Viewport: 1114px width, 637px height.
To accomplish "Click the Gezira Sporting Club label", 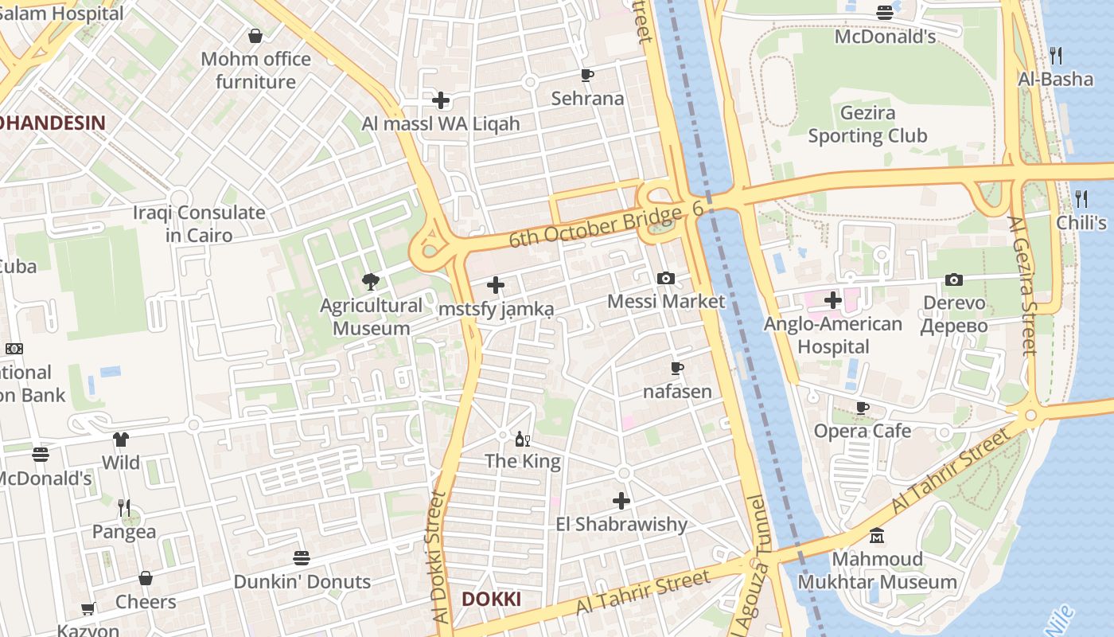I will click(x=867, y=125).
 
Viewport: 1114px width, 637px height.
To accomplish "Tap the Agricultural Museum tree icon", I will click(x=370, y=280).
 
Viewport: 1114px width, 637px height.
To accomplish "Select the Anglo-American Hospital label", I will click(x=833, y=335).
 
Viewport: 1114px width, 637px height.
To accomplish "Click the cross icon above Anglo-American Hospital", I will click(x=833, y=300).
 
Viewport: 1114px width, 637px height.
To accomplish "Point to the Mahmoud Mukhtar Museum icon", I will click(x=877, y=535).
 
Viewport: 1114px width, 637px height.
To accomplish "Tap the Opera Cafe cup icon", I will click(x=862, y=408).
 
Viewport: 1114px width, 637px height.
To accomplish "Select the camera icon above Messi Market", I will click(x=666, y=278).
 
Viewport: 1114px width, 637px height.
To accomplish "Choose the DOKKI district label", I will click(x=492, y=599).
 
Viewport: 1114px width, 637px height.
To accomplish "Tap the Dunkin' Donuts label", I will click(x=302, y=581).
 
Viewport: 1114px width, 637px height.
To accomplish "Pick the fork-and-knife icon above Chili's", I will click(x=1081, y=198).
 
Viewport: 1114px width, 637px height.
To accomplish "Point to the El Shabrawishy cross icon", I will click(x=621, y=500).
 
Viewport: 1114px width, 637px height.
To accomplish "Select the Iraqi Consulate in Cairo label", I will click(x=199, y=224).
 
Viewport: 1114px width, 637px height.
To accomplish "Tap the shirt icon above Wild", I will click(x=120, y=439).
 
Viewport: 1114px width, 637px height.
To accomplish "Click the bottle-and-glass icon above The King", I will click(x=523, y=439).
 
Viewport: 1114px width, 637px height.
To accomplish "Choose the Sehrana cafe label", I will click(x=587, y=99).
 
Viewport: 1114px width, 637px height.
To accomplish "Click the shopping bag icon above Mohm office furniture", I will click(x=255, y=36).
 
